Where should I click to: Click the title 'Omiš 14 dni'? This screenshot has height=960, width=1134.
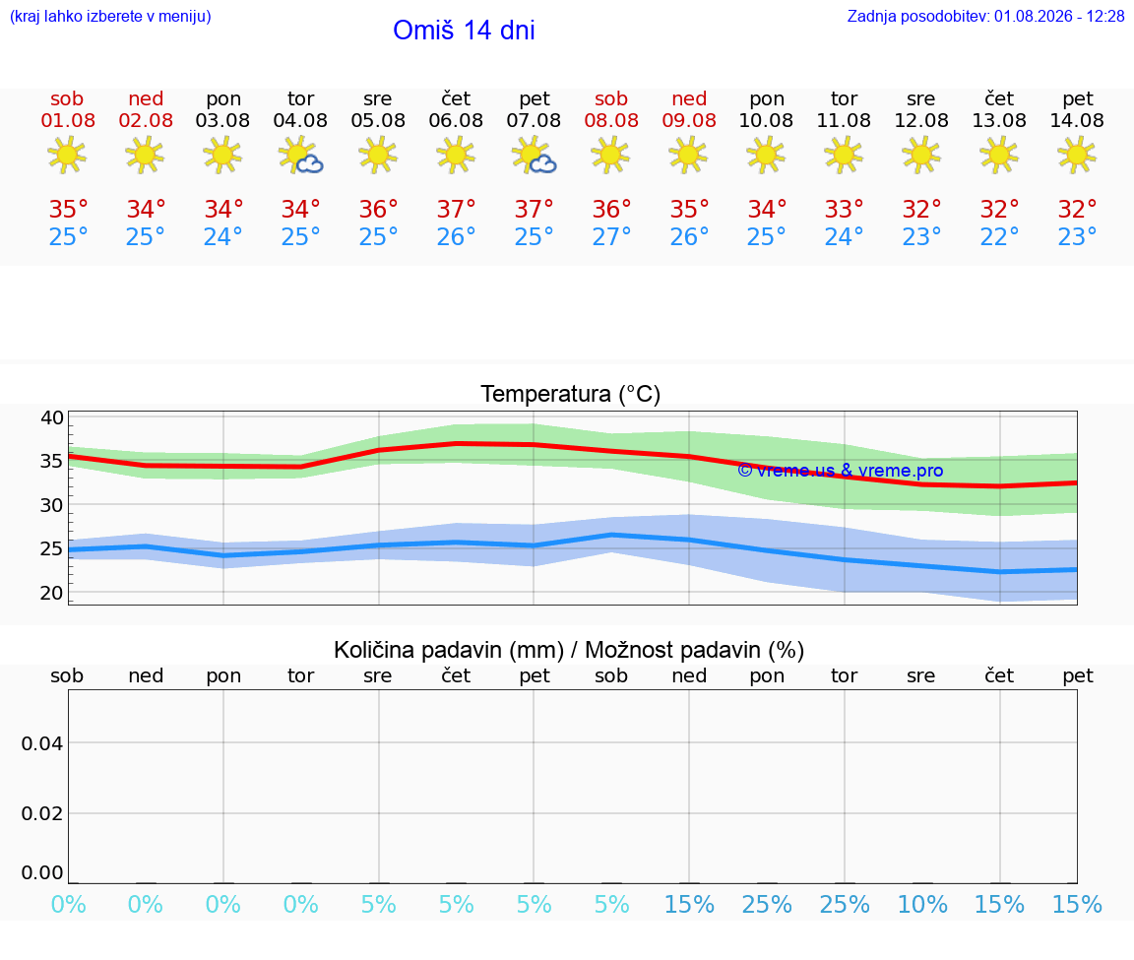464,30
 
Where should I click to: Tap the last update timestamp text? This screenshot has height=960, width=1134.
985,16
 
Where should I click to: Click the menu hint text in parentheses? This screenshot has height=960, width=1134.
110,16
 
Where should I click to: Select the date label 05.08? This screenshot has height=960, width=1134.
378,120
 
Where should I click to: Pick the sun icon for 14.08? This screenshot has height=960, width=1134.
1077,155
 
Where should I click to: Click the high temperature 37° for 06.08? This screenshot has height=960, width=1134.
456,209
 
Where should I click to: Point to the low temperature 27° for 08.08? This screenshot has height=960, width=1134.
611,236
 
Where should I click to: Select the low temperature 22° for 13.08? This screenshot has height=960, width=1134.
999,236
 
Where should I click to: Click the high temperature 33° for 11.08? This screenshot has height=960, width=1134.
844,209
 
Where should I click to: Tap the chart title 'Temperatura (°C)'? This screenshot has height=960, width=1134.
571,394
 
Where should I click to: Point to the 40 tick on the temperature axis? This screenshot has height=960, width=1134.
52,417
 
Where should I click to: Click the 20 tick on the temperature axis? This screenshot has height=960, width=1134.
52,593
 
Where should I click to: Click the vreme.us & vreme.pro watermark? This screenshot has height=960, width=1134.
841,471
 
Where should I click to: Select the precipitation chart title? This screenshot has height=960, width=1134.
569,650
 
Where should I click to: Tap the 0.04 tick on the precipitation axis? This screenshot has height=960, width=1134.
42,743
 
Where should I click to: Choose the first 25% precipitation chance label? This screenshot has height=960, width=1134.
767,904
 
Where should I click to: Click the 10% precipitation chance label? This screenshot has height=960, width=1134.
922,904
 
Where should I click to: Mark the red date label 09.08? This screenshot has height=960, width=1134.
689,120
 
